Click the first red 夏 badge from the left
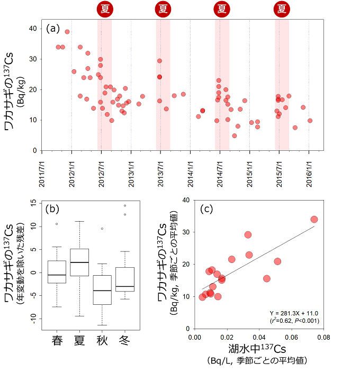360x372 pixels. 104,8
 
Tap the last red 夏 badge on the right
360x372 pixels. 282,8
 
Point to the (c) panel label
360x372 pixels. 208,208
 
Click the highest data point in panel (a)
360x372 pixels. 67,32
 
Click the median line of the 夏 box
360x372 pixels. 79,262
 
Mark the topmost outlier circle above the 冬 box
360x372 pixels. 125,205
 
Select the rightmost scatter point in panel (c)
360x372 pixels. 314,219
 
